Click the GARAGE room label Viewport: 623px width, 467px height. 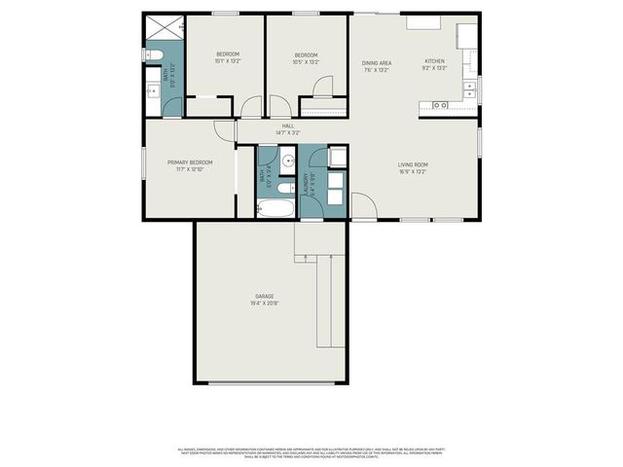[x=264, y=296]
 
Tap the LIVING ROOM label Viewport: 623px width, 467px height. [x=413, y=164]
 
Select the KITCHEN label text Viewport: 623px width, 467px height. [x=434, y=60]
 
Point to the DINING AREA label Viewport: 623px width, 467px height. [x=377, y=61]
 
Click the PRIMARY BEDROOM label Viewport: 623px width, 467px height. [x=188, y=162]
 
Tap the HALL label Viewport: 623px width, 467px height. [x=288, y=126]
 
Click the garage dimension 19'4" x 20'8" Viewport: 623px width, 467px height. [x=264, y=304]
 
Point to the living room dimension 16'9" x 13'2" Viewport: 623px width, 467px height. [x=413, y=172]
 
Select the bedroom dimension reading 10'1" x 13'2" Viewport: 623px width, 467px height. [x=228, y=61]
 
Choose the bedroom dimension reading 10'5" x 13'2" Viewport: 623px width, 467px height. [x=306, y=61]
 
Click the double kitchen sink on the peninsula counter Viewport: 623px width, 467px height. [x=440, y=104]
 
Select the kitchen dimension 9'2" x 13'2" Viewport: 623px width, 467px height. [x=434, y=69]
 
